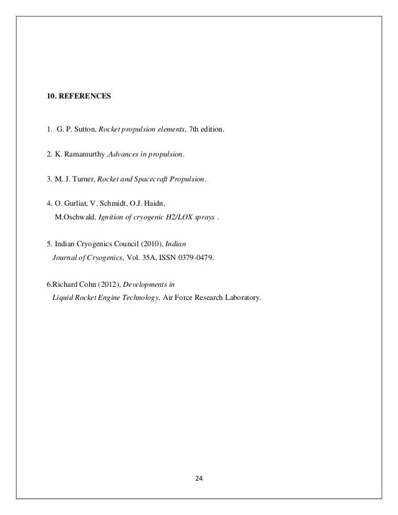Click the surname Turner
[x=84, y=179]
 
